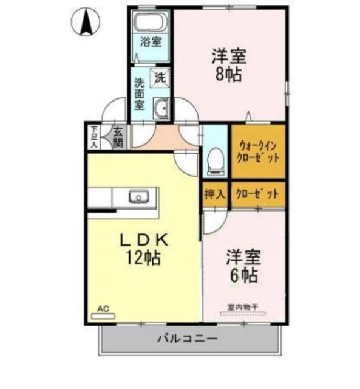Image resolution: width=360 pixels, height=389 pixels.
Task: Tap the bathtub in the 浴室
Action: click(149, 24)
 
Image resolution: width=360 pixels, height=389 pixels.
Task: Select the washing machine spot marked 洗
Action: click(160, 77)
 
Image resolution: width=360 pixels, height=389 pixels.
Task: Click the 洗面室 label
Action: click(140, 94)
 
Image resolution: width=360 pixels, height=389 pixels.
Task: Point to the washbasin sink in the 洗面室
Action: click(161, 109)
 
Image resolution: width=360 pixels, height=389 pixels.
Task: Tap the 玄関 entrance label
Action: click(118, 137)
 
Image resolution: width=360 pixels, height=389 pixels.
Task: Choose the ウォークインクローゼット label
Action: click(259, 151)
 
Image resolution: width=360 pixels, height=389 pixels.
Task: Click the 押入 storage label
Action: click(214, 194)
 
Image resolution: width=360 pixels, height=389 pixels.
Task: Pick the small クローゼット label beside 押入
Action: click(259, 194)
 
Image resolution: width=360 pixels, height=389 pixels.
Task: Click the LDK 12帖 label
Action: click(143, 249)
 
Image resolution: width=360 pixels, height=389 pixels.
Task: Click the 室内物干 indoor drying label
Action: click(243, 307)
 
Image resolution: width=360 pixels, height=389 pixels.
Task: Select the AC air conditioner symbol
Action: click(103, 312)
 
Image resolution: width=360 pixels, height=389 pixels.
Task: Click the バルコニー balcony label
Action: click(187, 339)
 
